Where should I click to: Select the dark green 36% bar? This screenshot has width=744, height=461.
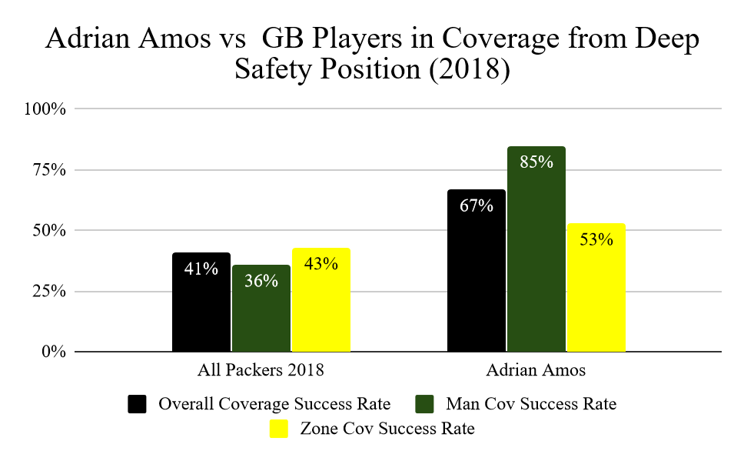point(261,308)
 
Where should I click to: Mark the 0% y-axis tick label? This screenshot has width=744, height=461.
point(54,352)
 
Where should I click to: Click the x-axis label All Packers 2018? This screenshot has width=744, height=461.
point(261,370)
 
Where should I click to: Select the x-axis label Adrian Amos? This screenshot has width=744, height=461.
point(536,370)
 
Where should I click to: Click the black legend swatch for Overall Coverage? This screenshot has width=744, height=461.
point(138,404)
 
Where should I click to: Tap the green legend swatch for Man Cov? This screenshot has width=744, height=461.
point(425,404)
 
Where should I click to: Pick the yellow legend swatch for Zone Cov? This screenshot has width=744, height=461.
point(279,429)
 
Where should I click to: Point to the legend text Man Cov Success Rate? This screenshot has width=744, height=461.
point(530,404)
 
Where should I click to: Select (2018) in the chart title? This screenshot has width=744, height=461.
point(470,70)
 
